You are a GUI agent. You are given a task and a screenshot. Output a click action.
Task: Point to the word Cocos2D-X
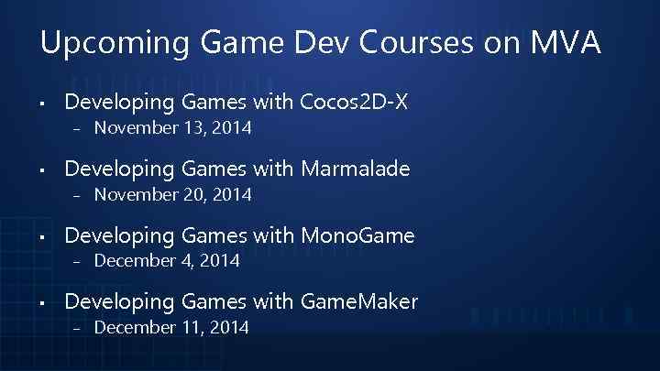(x=357, y=102)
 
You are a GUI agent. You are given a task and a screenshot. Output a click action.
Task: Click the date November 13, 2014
(x=173, y=128)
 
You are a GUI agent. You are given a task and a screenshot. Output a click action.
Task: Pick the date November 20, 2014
(x=173, y=194)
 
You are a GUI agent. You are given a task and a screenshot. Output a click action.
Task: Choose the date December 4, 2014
(x=167, y=261)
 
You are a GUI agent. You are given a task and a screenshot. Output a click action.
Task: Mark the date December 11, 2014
(x=171, y=327)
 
